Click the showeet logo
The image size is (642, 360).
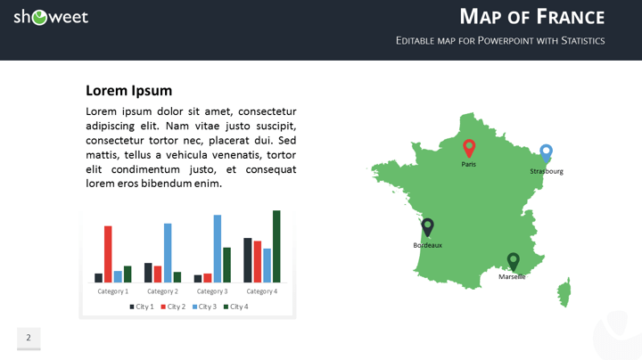point(51,17)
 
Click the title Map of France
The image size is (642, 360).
point(531,16)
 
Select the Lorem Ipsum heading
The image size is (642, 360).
point(128,90)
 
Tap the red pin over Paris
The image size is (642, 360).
point(469,147)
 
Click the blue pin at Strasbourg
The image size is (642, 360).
point(547,152)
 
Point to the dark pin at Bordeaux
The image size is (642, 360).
point(427,226)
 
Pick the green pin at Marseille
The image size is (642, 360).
point(513,260)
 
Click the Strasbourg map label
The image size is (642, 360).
point(547,171)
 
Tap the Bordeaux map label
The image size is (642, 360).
point(427,245)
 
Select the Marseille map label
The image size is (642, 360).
point(512,277)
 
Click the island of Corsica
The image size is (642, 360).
point(564,291)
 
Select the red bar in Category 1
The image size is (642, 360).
point(108,254)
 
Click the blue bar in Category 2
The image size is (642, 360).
point(168,252)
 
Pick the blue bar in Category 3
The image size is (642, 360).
point(217,249)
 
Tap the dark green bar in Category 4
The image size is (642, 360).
point(276,246)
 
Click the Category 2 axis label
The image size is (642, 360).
point(162,291)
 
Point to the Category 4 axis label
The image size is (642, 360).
point(262,291)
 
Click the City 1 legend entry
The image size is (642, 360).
point(142,307)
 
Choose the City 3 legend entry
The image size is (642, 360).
point(204,307)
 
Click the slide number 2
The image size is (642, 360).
point(29,338)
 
